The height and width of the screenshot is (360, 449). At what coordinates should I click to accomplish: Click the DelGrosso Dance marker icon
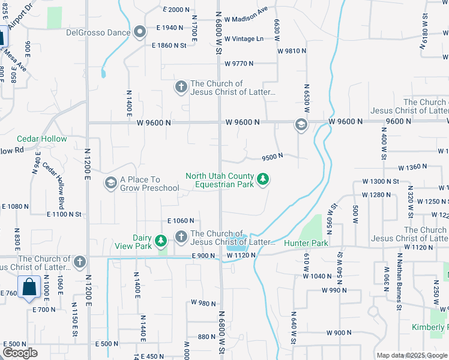click(x=140, y=32)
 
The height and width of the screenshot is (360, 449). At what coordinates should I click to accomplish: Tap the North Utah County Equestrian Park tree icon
click(x=262, y=179)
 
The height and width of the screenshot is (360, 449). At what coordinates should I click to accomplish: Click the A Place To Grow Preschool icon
click(x=110, y=182)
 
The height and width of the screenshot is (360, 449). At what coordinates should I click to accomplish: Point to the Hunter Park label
click(x=306, y=243)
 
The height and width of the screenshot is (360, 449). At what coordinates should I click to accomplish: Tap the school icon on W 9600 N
click(x=301, y=125)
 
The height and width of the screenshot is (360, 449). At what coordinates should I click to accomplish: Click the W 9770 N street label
click(x=239, y=63)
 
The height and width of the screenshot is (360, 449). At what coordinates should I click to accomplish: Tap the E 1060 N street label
click(x=182, y=221)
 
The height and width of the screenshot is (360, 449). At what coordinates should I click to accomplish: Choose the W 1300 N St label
click(x=381, y=181)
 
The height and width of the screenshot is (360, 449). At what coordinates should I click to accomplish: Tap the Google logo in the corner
click(x=20, y=353)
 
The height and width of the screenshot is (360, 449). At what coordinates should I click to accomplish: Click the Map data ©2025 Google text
click(x=412, y=355)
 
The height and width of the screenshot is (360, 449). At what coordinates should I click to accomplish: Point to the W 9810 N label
click(x=292, y=51)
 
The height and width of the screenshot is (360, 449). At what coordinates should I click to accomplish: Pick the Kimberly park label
click(x=429, y=327)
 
